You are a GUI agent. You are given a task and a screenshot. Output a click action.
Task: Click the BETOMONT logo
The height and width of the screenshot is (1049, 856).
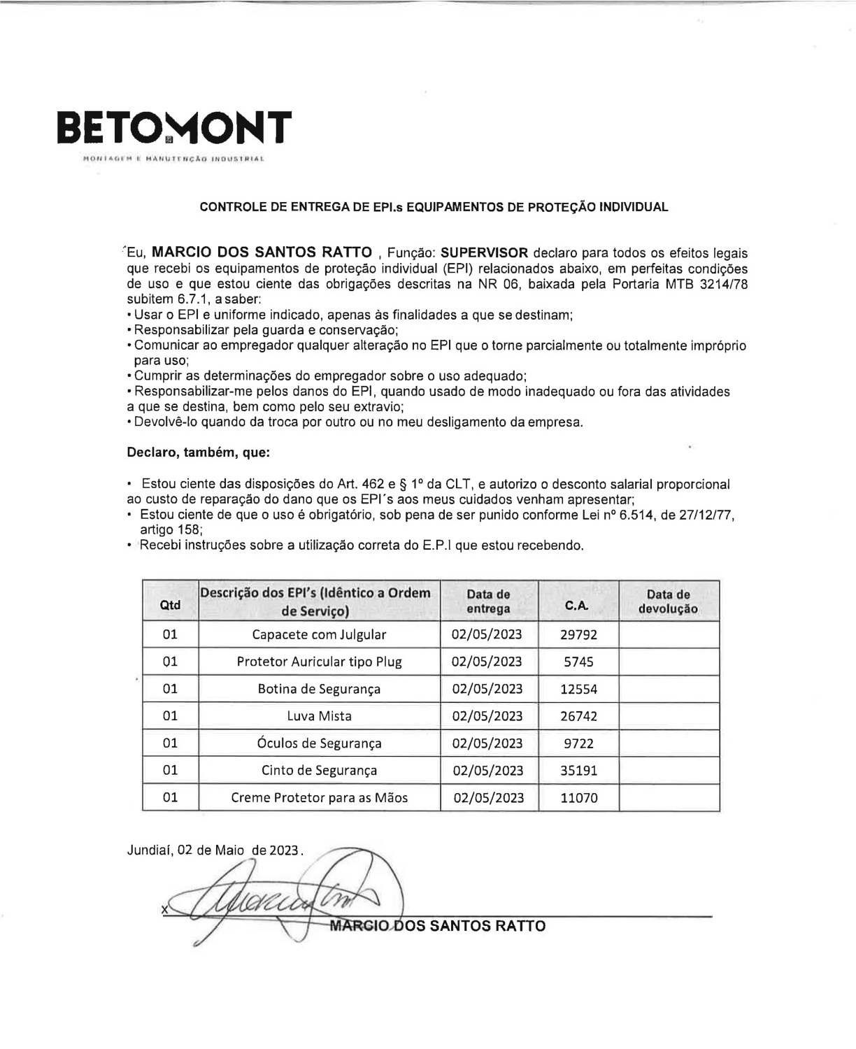coord(173,127)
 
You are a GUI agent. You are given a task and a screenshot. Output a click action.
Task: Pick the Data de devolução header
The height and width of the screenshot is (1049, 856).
coord(668,601)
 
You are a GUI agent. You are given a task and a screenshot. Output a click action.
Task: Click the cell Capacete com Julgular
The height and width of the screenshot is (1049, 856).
coord(319,634)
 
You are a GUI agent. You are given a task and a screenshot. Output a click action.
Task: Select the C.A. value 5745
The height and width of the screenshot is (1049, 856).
coord(578,662)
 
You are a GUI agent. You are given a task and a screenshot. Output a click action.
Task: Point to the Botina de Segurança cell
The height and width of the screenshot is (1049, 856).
coord(319,689)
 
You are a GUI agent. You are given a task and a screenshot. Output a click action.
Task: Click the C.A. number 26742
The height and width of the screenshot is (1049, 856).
coord(578,716)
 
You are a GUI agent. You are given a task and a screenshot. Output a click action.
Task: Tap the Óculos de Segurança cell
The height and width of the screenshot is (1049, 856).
coord(319,743)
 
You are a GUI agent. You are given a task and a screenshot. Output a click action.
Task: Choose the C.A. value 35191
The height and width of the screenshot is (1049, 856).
coord(578,771)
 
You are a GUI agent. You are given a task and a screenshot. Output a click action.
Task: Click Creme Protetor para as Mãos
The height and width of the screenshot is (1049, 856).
coord(319,798)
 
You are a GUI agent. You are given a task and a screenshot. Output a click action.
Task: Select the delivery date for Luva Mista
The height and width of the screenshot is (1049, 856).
coord(487,716)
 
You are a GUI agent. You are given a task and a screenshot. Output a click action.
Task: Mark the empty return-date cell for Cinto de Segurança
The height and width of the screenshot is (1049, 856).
coord(669,771)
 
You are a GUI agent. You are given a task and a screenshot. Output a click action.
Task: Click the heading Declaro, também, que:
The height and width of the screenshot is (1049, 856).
coord(198,452)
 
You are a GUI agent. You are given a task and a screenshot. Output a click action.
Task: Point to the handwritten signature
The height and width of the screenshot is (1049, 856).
coord(280,899)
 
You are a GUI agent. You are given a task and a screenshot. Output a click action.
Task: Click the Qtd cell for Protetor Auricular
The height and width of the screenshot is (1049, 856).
coord(170,662)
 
